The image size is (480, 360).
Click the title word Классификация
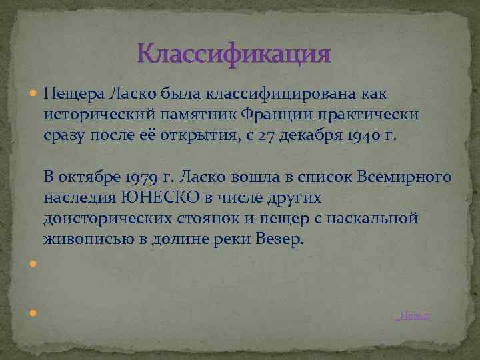coord(233,53)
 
